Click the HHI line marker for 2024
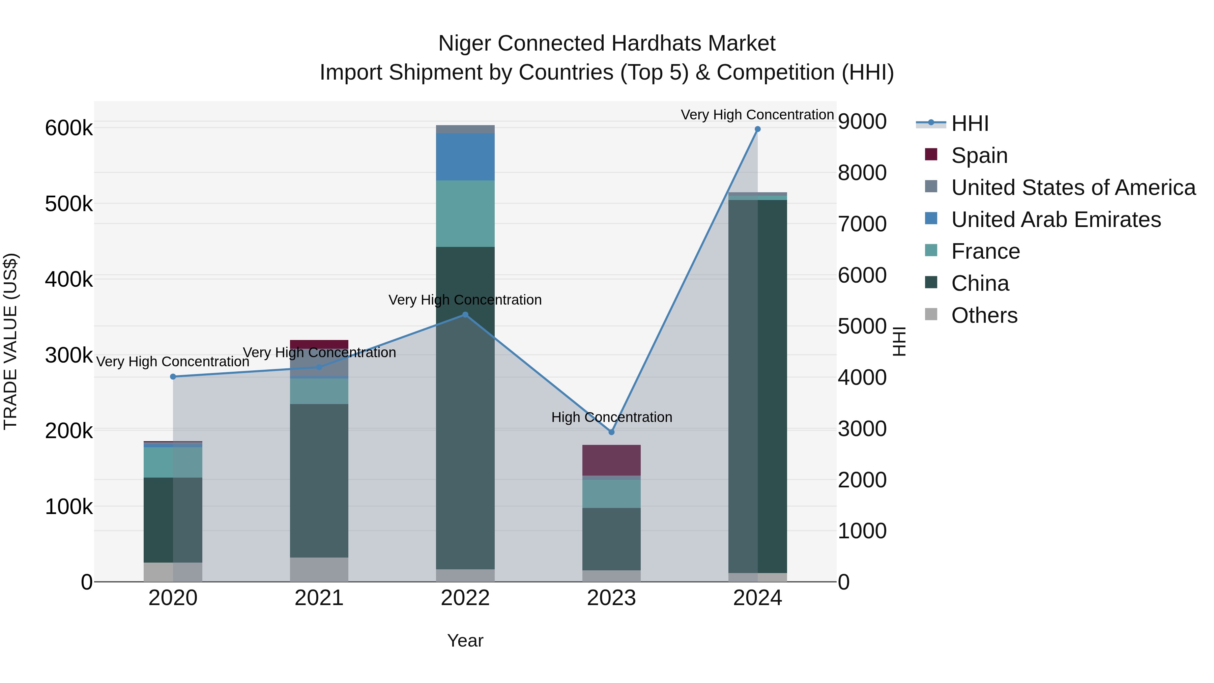click(757, 129)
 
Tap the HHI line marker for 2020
click(173, 377)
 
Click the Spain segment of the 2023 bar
click(611, 460)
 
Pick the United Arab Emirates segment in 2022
click(465, 156)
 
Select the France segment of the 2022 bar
click(465, 214)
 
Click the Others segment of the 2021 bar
click(319, 569)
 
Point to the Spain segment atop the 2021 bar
click(319, 344)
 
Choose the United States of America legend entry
click(1073, 188)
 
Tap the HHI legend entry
click(970, 123)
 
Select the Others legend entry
click(984, 315)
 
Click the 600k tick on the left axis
click(69, 128)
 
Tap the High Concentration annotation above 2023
click(611, 417)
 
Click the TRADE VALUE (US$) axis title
click(10, 341)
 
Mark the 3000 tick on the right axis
click(862, 429)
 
